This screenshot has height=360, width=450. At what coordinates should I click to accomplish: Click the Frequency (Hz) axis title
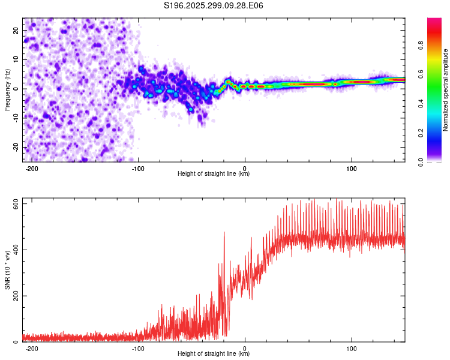coord(7,89)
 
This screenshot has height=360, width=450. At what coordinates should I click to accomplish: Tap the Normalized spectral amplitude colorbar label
coord(446,90)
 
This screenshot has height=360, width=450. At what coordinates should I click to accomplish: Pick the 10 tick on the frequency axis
coord(16,59)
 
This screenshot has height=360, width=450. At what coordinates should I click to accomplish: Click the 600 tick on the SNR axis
coord(14,204)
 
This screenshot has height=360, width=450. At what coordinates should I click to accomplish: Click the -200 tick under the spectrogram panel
coord(32,168)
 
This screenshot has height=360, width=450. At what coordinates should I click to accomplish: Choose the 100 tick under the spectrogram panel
coord(351,168)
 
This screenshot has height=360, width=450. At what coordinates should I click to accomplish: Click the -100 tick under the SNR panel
coord(138,348)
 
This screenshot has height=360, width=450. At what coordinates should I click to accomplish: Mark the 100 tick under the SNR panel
coord(351,348)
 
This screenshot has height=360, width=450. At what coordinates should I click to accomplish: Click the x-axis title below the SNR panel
coord(214,355)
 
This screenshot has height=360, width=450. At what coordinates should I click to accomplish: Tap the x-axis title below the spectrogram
coord(214,175)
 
